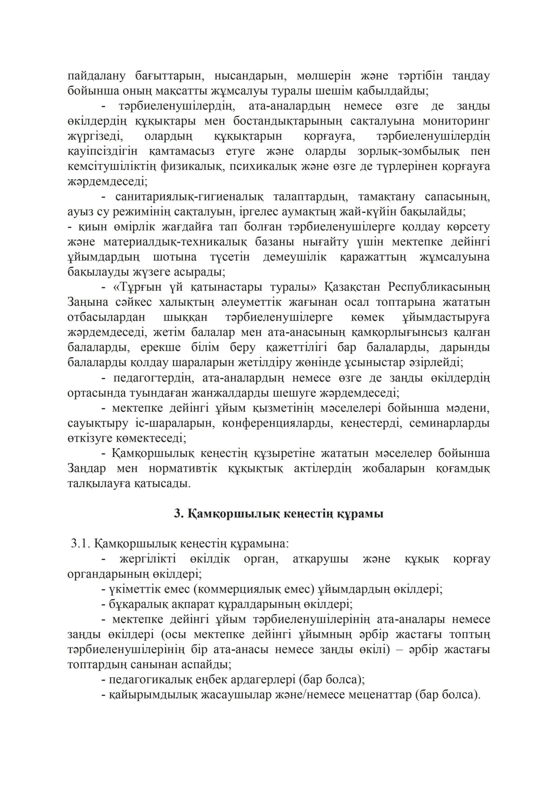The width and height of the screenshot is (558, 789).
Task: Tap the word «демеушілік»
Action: coord(295,257)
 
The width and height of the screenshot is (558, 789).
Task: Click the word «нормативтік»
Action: coord(183,469)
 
